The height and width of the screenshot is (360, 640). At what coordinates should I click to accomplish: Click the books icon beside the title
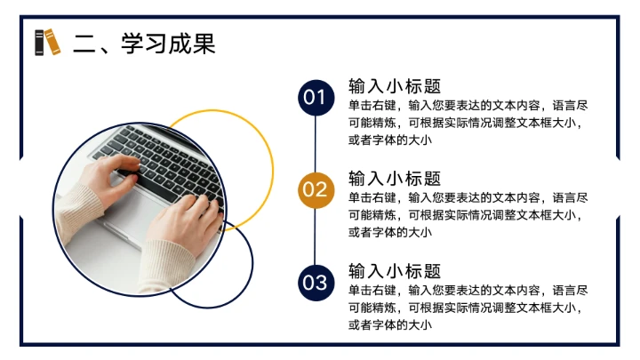48,43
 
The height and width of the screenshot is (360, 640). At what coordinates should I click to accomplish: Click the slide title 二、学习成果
144,43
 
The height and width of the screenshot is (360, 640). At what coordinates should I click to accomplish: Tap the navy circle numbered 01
316,98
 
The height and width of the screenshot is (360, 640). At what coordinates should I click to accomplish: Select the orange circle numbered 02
316,189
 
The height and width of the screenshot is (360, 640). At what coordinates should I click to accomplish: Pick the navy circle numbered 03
316,284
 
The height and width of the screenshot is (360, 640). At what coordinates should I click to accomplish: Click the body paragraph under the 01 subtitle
468,123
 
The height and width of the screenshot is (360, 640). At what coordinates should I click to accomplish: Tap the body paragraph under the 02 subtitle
468,215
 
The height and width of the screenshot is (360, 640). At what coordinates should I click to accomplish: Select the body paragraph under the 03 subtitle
468,308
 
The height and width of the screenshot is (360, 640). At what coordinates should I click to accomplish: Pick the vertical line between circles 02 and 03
316,236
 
